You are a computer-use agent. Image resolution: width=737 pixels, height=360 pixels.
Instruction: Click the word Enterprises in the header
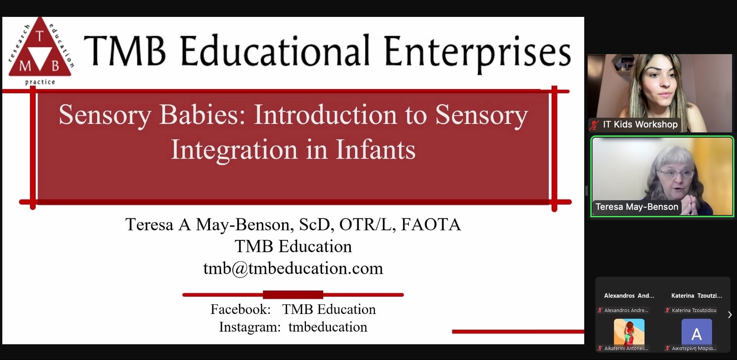(x=477, y=52)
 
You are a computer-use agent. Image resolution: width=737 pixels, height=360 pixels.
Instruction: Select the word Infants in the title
(x=375, y=149)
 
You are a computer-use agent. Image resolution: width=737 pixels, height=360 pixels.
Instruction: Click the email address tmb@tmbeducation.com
(x=293, y=268)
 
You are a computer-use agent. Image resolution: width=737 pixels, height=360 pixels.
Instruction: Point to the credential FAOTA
(x=431, y=225)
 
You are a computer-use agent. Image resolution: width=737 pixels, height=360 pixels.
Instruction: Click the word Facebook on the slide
(x=241, y=309)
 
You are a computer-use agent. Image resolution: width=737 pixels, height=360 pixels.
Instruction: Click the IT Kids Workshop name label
(x=640, y=124)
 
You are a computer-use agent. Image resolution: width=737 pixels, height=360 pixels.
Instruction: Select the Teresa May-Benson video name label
(x=637, y=207)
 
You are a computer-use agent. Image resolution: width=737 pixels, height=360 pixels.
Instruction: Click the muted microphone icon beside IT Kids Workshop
(x=595, y=125)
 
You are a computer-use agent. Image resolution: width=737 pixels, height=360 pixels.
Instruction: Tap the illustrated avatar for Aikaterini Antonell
(x=629, y=332)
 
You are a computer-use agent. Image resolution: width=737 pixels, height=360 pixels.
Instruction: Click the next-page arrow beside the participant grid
(x=730, y=315)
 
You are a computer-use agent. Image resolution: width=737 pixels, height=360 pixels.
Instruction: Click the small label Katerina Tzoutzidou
(x=694, y=310)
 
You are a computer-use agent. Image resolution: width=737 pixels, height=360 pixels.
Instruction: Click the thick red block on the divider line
(x=293, y=295)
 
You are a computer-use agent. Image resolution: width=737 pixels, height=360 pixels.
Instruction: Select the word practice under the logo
(x=40, y=82)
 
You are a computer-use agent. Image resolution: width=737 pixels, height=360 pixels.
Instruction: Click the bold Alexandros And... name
(x=629, y=296)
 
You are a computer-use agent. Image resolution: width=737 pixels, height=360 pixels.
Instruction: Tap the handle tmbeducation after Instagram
(x=328, y=327)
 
